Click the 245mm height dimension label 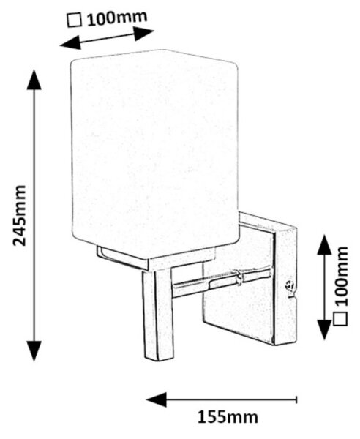pos(20,215)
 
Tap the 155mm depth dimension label pos(228,417)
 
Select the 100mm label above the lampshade pos(117,18)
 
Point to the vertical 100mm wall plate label pos(341,276)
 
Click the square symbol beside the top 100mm pos(75,21)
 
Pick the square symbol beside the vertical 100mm pos(341,318)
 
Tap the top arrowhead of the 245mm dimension pos(34,80)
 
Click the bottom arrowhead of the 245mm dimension pos(34,351)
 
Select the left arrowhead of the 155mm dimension pos(157,399)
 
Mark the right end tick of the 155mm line pos(296,399)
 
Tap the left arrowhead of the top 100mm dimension pos(70,43)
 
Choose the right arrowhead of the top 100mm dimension pos(144,34)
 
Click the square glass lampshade pos(154,154)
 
